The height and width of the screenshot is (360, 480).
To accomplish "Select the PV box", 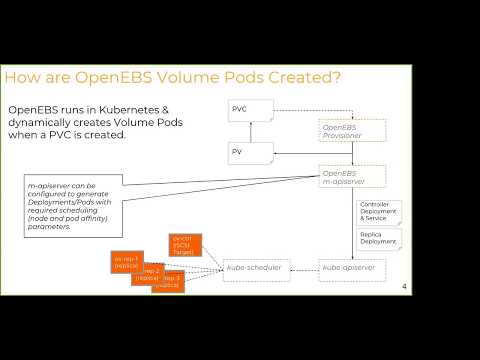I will click(251, 152).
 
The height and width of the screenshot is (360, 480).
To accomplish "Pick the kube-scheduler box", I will click(256, 268).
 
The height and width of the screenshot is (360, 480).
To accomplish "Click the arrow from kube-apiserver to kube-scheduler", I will click(303, 268).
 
